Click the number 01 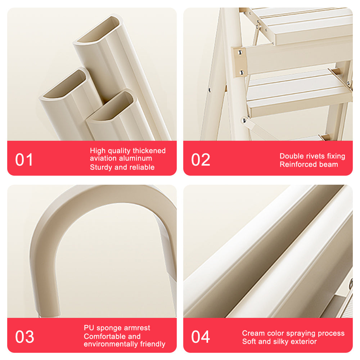pyautogui.click(x=24, y=160)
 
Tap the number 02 pyautogui.click(x=201, y=160)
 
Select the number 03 pyautogui.click(x=24, y=337)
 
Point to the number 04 pyautogui.click(x=201, y=337)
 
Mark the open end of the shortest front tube pyautogui.click(x=110, y=105)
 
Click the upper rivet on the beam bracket pyautogui.click(x=240, y=53)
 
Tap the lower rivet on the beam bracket pyautogui.click(x=242, y=72)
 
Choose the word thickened pyautogui.click(x=149, y=151)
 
